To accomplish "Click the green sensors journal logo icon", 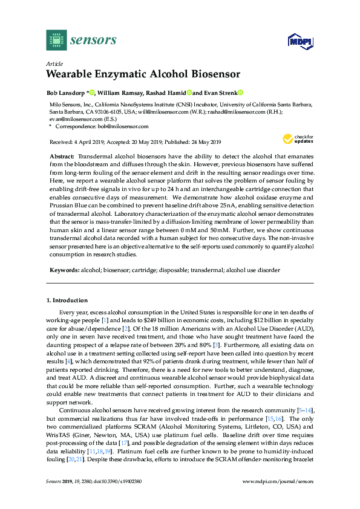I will point(56,40).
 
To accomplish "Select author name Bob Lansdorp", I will point(66,93).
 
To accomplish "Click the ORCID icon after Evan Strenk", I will point(240,93).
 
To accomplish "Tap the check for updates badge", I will point(299,140).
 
